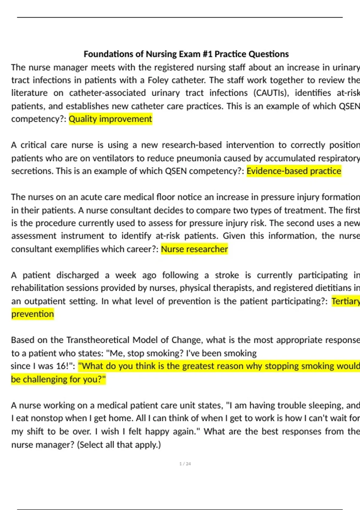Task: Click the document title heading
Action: point(186,54)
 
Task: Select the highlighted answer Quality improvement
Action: point(110,119)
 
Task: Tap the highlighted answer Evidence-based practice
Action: point(294,171)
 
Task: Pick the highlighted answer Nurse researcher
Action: point(194,249)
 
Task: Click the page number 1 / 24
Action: point(185,464)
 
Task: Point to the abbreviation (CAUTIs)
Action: point(271,93)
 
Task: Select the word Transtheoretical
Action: point(98,340)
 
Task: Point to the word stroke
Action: point(227,275)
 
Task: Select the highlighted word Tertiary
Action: point(345,301)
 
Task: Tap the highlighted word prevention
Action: point(33,314)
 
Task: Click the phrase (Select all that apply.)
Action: point(119,444)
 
